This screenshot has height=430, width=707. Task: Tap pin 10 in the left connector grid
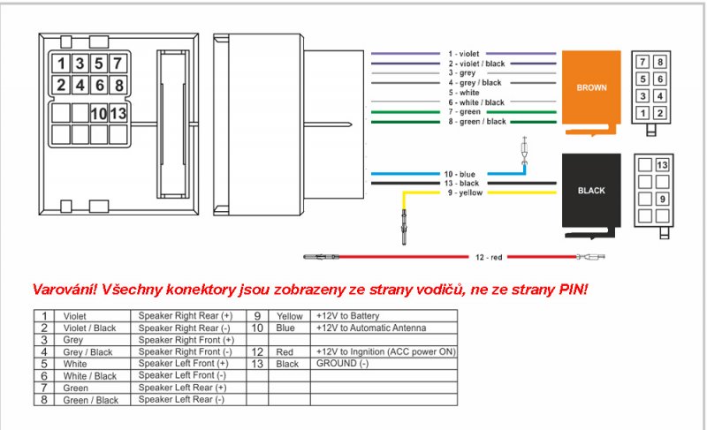click(99, 114)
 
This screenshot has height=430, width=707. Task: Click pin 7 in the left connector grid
click(118, 64)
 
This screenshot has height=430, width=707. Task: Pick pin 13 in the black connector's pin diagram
click(662, 165)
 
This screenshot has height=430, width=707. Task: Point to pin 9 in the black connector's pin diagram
click(662, 199)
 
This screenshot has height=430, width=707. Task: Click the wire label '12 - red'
click(489, 257)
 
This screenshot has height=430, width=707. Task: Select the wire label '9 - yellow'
click(465, 192)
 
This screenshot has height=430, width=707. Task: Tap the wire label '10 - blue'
click(460, 174)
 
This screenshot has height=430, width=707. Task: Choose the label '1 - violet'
click(463, 54)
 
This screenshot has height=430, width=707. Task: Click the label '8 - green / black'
click(477, 122)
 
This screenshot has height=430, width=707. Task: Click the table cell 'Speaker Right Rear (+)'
click(186, 315)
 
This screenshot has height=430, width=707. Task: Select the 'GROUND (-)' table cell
click(342, 364)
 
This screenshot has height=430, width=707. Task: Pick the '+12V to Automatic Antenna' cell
click(371, 328)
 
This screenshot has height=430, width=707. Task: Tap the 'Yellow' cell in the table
click(290, 316)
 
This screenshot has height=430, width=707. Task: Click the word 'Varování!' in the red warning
click(65, 289)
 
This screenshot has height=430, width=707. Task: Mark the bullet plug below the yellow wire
click(404, 227)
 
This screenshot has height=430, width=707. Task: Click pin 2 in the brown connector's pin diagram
click(659, 112)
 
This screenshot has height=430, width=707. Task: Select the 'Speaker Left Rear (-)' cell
click(181, 399)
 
